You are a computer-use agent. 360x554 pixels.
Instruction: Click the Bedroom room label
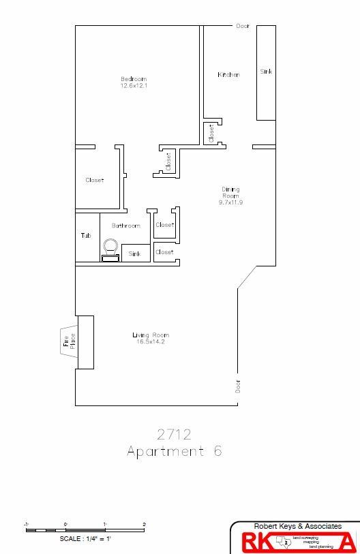click(134, 79)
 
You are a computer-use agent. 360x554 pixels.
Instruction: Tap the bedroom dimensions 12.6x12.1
click(134, 86)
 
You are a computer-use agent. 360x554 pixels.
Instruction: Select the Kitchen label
click(228, 74)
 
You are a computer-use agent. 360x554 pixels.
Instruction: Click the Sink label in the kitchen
click(266, 71)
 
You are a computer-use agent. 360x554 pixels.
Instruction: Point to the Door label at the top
click(243, 26)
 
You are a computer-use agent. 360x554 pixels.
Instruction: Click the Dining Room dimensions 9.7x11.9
click(230, 202)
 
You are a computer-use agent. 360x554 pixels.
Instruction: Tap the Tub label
click(86, 236)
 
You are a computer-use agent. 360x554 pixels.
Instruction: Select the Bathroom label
click(126, 226)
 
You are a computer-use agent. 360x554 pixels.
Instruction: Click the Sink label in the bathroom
click(135, 253)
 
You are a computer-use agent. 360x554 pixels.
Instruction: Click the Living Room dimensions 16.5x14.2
click(150, 341)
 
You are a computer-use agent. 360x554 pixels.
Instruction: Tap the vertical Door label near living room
click(238, 386)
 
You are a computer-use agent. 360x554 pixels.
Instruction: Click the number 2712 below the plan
click(174, 433)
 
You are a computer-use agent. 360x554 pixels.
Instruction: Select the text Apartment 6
click(174, 451)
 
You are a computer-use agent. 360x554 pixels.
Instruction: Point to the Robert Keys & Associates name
click(297, 527)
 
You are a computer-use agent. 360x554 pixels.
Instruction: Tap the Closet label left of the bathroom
click(95, 180)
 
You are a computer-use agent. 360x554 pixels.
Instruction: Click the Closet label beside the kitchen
click(211, 133)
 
